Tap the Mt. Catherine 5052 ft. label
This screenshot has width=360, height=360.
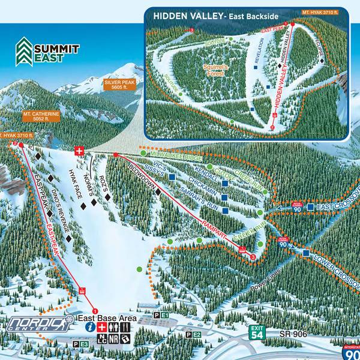41,116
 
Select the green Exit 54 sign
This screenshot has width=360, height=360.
257,332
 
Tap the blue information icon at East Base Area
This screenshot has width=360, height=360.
90,327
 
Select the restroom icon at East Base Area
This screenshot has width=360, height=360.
113,327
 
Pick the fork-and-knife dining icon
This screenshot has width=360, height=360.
125,327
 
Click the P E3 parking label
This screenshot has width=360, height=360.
80,344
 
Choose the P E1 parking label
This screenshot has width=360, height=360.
161,315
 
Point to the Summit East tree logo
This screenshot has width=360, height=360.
25,50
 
